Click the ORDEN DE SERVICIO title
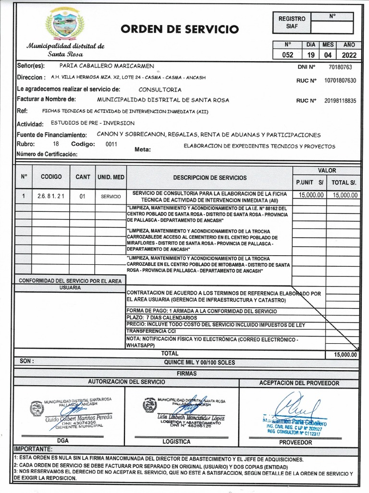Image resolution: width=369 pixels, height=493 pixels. pyautogui.click(x=180, y=29)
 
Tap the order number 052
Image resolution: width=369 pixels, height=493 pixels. pyautogui.click(x=288, y=54)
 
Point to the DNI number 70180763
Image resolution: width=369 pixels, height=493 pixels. pyautogui.click(x=341, y=67)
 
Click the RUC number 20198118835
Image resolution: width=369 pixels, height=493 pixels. pyautogui.click(x=340, y=101)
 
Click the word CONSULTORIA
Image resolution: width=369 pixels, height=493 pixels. pyautogui.click(x=160, y=90)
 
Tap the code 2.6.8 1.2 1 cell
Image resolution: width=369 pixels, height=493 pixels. pyautogui.click(x=50, y=196)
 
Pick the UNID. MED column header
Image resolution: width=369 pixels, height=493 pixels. pyautogui.click(x=111, y=177)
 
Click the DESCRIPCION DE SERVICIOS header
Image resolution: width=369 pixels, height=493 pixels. pyautogui.click(x=210, y=178)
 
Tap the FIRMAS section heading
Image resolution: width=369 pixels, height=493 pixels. pyautogui.click(x=187, y=373)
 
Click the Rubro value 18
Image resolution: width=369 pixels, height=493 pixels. pyautogui.click(x=56, y=144)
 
